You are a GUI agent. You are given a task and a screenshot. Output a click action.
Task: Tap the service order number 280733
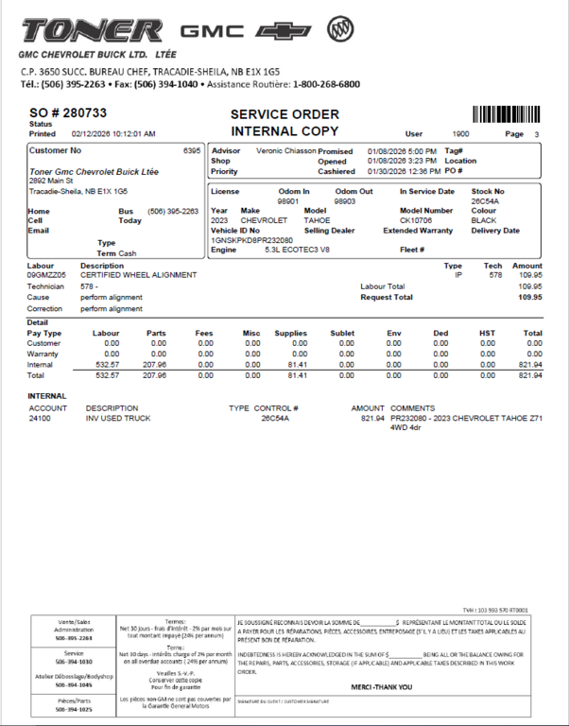coord(82,113)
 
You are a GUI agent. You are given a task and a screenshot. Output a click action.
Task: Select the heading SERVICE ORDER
coord(284,114)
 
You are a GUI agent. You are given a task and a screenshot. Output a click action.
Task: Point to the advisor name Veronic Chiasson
coord(282,151)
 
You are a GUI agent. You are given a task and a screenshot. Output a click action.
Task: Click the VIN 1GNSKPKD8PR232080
coord(251,240)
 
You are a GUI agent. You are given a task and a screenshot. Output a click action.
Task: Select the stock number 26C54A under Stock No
coord(485,201)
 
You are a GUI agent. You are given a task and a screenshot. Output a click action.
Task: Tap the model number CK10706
coord(415,220)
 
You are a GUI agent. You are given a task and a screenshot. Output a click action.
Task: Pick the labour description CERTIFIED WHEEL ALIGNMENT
coord(139,275)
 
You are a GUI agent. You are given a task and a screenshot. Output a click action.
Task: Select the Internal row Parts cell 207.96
coord(154,365)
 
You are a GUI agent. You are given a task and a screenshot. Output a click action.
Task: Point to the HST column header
coord(487,333)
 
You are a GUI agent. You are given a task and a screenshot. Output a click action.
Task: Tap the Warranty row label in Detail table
coord(44,354)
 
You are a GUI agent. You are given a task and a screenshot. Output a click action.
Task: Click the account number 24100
coord(41,417)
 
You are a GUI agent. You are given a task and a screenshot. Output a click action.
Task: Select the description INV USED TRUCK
coord(117,417)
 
